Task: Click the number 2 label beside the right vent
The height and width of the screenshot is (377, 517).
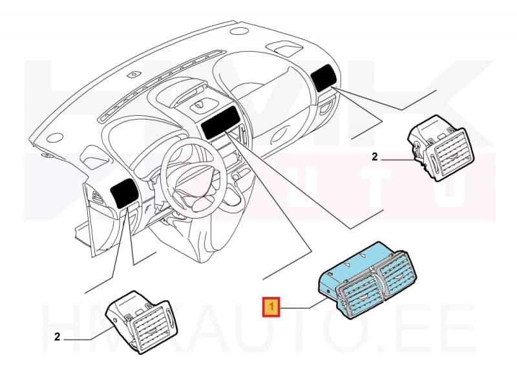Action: [374, 156]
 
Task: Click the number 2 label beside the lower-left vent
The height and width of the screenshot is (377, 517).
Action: [58, 336]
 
